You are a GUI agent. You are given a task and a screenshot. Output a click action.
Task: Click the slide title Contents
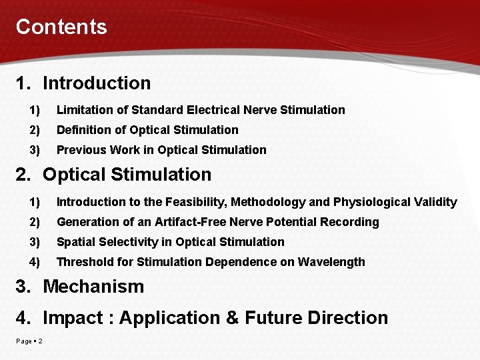[x=61, y=27]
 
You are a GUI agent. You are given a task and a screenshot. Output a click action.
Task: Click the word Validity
[x=434, y=202]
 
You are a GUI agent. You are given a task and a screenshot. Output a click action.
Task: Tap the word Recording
[x=347, y=222]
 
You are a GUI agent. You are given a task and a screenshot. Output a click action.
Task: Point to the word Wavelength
[x=332, y=262]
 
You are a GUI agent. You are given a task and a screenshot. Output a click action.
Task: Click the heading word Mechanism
[x=93, y=287]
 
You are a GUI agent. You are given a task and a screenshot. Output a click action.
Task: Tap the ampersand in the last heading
[x=233, y=318]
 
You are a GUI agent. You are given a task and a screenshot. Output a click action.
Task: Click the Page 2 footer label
[x=29, y=342]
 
